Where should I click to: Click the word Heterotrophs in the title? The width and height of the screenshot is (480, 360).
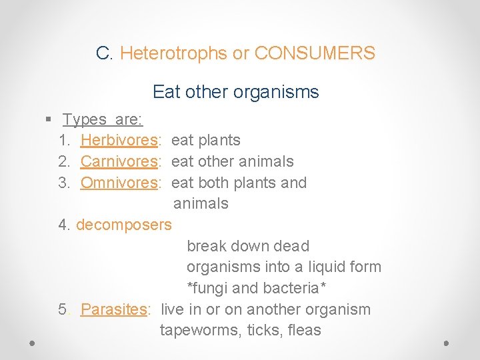[174, 53]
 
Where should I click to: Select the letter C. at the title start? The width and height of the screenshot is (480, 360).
[105, 53]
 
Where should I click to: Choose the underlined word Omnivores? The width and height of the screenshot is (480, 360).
[119, 183]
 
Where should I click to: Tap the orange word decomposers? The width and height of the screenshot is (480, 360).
[124, 225]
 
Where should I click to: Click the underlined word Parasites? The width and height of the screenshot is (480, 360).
[113, 309]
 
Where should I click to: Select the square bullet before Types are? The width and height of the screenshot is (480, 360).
[48, 119]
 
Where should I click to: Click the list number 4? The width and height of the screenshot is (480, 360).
[64, 225]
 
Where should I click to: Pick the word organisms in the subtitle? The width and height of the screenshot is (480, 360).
[280, 91]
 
